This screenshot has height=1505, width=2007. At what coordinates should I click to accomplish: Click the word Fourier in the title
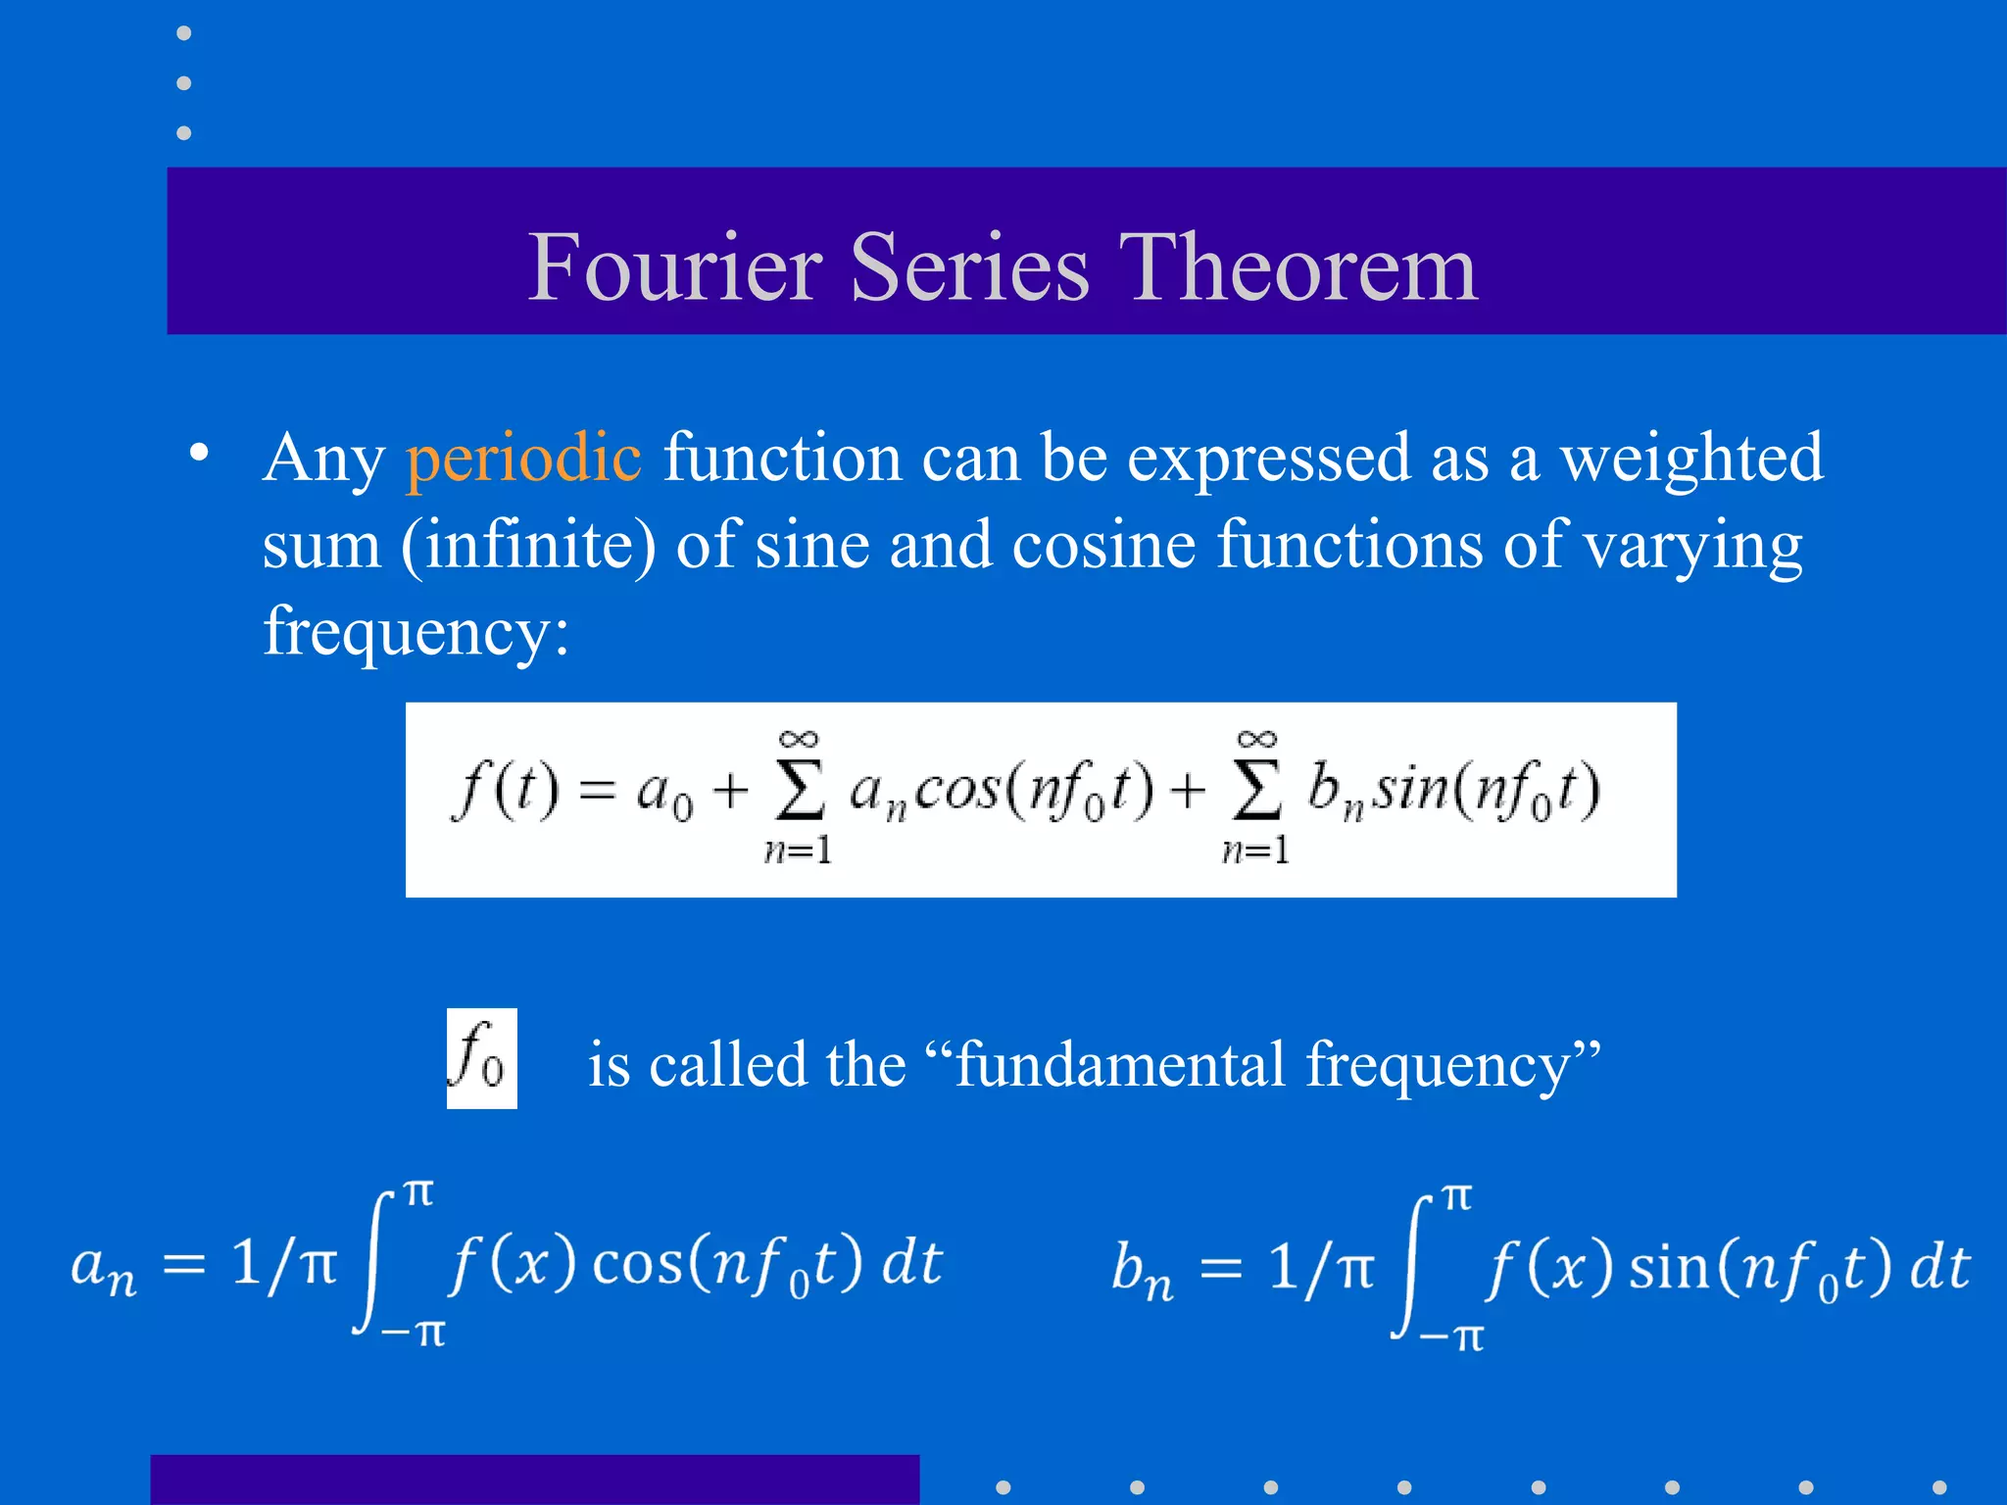pos(675,267)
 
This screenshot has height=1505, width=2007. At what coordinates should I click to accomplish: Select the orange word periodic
pos(524,458)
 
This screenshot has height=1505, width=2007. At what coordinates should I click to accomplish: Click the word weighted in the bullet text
pos(1691,458)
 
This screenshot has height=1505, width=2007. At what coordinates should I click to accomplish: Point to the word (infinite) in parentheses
pos(528,545)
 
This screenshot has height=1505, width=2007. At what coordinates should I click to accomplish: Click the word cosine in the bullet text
pos(1103,545)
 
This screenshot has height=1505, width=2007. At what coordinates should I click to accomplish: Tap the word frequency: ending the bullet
pos(416,632)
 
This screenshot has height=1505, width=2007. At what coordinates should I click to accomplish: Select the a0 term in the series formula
pos(663,792)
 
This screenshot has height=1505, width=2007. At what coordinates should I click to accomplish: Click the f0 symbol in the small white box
pos(480,1058)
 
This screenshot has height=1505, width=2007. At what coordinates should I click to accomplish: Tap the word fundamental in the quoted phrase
pos(1120,1064)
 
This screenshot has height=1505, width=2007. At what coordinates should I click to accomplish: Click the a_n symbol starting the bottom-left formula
pos(103,1268)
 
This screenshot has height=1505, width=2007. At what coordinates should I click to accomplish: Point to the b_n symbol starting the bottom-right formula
pos(1142,1271)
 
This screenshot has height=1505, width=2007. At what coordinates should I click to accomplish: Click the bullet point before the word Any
pos(200,454)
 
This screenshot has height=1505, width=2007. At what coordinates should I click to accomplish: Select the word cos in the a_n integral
pos(637,1264)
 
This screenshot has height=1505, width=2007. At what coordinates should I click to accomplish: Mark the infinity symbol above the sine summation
pos(1256,739)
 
